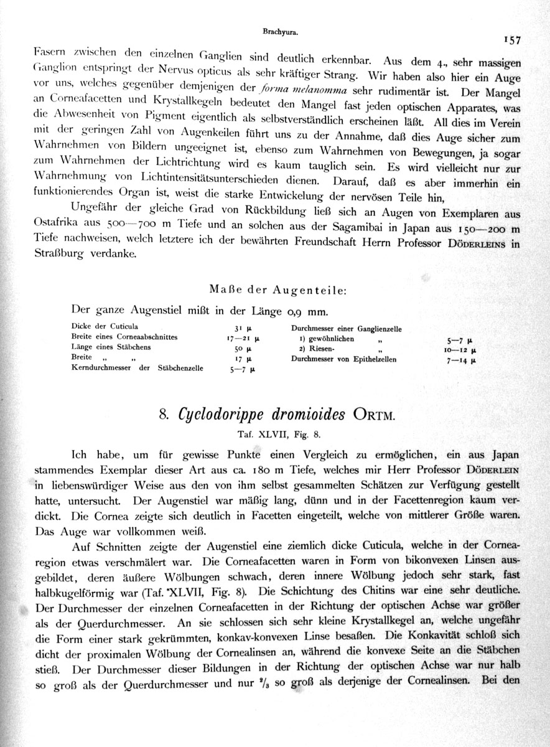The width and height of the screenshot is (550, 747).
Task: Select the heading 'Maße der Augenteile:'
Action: [x=276, y=289]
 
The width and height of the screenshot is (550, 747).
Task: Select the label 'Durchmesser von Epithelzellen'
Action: [x=343, y=359]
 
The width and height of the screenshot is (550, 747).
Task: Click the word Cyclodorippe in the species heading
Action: [x=225, y=414]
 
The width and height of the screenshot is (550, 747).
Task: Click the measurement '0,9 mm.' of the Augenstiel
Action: [x=302, y=311]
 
